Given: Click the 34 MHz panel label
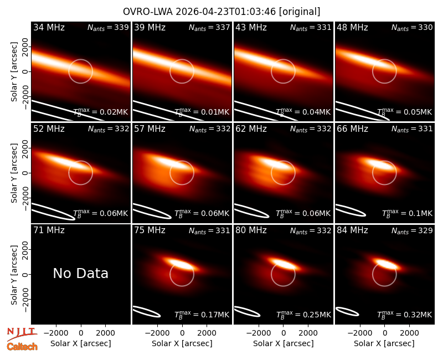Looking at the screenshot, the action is (x=49, y=27).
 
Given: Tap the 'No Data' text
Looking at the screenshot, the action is (x=80, y=273).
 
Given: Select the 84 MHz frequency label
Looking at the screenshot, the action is (x=352, y=230).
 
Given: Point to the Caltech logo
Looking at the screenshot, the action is (x=22, y=347).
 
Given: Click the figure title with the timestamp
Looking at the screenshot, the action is (x=221, y=12).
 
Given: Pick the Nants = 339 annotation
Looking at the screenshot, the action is (x=108, y=27).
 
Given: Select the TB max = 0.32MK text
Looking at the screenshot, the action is (x=405, y=314).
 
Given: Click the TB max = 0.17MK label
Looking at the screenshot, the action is (x=202, y=314).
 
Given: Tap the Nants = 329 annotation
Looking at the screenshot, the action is (x=412, y=230).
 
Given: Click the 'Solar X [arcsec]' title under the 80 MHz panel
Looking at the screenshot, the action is (x=283, y=343).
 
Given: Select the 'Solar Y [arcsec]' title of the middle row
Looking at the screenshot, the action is (x=14, y=173).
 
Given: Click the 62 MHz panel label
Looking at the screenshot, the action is (x=251, y=129).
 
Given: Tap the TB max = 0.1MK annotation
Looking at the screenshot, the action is (x=407, y=213).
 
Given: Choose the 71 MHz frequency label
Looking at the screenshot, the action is (x=49, y=230).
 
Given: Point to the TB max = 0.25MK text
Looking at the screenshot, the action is (x=303, y=314).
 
